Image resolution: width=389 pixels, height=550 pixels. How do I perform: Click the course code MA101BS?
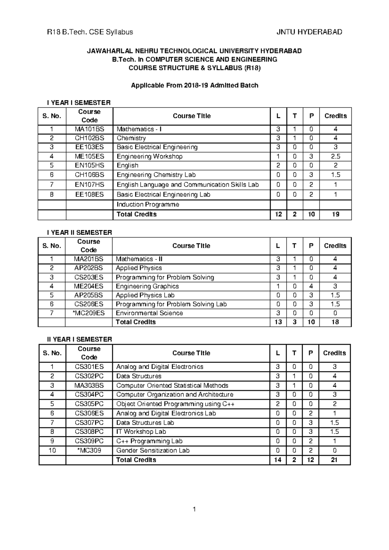click(x=89, y=129)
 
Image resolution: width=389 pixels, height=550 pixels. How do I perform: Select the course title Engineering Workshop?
click(x=149, y=156)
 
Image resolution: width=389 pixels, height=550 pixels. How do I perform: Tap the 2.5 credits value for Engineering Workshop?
click(x=336, y=156)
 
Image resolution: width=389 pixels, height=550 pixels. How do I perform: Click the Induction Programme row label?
click(x=148, y=204)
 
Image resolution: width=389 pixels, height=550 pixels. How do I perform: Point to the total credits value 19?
click(x=336, y=214)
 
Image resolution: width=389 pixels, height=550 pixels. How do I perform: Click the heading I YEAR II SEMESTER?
click(x=79, y=233)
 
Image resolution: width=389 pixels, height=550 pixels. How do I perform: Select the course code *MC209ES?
click(x=88, y=313)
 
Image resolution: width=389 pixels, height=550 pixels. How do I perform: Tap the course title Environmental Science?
click(x=149, y=313)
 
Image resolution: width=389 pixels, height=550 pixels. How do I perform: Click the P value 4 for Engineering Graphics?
click(x=311, y=286)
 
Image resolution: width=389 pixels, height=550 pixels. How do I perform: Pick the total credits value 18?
click(x=335, y=322)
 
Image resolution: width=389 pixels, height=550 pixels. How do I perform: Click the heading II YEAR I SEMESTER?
click(x=79, y=339)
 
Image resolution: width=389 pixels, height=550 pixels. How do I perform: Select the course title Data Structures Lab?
click(x=145, y=423)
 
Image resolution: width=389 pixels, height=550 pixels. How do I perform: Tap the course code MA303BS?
click(x=89, y=385)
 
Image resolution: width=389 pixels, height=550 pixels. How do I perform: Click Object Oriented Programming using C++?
click(x=175, y=404)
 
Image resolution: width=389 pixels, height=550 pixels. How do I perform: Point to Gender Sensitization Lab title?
click(x=153, y=451)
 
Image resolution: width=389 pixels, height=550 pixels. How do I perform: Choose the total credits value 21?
click(x=334, y=460)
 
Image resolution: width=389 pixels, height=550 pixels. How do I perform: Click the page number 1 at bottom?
click(x=194, y=510)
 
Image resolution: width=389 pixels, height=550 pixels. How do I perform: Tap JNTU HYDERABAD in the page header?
click(x=309, y=32)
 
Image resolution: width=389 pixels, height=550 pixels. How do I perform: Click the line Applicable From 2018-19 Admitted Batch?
click(x=194, y=86)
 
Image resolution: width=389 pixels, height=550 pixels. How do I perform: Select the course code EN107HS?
click(x=89, y=185)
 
